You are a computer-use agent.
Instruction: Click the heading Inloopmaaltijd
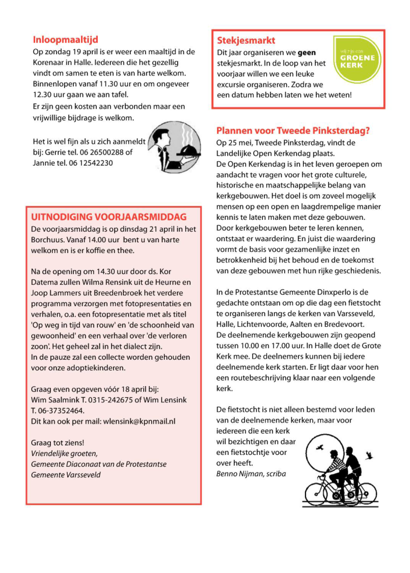65,40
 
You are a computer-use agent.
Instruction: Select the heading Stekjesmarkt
246,41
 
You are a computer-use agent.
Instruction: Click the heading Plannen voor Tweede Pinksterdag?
293,131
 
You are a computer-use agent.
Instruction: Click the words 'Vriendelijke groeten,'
64,453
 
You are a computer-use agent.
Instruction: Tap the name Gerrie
58,152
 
